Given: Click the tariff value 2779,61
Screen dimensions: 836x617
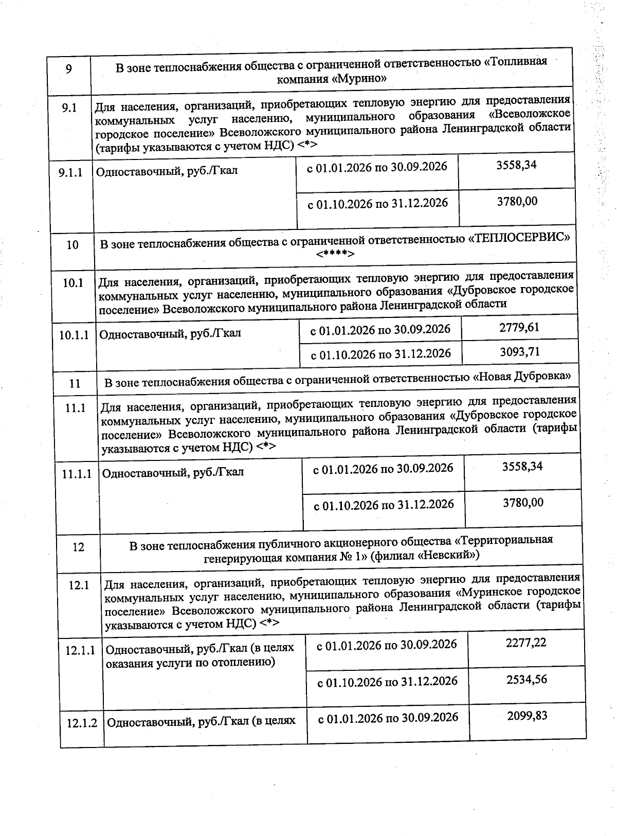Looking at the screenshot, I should (x=519, y=328).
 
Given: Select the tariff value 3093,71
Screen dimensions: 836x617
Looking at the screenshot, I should (x=520, y=352).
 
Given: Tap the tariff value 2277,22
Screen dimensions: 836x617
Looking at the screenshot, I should (x=526, y=643).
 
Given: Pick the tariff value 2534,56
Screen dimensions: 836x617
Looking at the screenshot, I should (x=527, y=680).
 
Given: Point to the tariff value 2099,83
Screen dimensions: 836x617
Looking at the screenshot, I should (x=527, y=716).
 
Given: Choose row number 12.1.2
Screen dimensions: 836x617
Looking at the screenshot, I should (x=81, y=723).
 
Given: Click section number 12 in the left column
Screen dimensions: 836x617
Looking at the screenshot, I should (x=78, y=547).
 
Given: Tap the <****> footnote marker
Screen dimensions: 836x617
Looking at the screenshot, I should (x=335, y=254).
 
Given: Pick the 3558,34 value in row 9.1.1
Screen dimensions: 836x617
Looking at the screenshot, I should (x=516, y=165).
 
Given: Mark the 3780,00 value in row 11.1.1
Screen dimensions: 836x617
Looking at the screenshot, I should (x=523, y=503).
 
